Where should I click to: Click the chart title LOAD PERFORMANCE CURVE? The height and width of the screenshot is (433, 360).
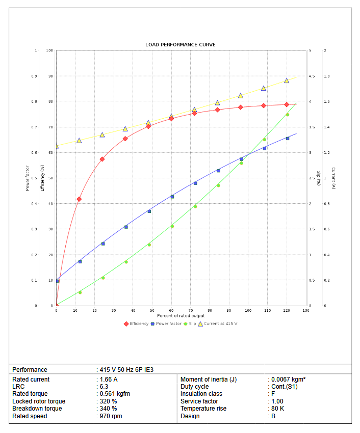pos(180,45)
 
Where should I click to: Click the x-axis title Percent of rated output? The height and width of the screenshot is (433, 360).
pos(181,316)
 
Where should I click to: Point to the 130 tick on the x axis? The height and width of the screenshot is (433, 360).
pos(305,310)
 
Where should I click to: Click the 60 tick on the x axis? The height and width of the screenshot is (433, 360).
pos(171,310)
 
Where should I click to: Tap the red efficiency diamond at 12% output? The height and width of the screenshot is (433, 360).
pos(79,199)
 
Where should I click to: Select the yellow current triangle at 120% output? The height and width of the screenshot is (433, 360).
pos(287,80)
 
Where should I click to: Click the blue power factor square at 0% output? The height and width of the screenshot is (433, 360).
pos(57,281)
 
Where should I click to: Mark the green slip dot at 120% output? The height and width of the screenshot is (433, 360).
pos(287,115)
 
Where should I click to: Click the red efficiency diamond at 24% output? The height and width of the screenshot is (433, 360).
pos(102,159)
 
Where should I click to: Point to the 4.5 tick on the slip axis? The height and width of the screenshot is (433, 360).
pos(312,76)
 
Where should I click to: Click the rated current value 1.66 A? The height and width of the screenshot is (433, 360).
pos(109,380)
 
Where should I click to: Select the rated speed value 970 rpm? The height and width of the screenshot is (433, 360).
pos(111,416)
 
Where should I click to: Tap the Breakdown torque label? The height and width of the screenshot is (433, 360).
pos(37,409)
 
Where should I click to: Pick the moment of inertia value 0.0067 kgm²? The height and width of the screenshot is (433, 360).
pos(288,380)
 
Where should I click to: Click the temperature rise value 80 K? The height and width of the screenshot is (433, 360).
pos(278,409)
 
